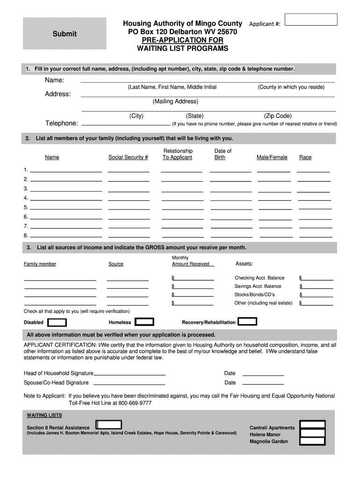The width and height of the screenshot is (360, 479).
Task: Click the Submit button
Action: point(65,34)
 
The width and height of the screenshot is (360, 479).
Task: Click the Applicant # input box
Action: point(311,19)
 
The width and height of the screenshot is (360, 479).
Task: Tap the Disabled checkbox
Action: point(58,322)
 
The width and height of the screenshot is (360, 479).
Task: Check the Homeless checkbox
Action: point(144,322)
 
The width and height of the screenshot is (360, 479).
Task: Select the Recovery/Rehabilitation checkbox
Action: point(247,321)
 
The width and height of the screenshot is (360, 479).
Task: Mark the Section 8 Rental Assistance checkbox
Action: point(108,425)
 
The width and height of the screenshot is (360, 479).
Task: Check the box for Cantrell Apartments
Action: point(313,425)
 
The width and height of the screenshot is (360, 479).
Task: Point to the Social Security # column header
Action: point(128,158)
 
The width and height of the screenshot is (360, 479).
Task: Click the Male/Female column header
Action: point(272,158)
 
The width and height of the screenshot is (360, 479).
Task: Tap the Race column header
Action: point(305,158)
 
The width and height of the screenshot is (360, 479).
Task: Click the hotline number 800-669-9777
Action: point(135,403)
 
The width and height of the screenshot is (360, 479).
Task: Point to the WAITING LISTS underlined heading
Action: point(44,415)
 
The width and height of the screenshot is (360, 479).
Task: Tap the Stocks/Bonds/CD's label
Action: point(254,295)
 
